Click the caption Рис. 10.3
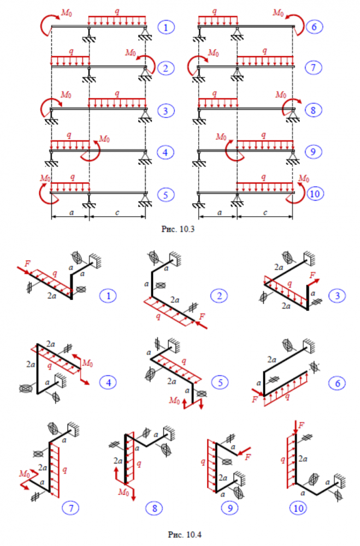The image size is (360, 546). tap(180, 230)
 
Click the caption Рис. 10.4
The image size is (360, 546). tap(180, 529)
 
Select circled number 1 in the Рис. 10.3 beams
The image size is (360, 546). tap(163, 27)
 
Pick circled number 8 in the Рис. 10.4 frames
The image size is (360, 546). tap(155, 508)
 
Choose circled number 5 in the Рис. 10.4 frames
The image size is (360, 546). tap(220, 382)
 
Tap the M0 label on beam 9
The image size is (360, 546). tap(222, 136)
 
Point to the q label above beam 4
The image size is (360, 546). tap(68, 134)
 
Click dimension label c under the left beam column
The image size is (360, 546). tap(117, 212)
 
